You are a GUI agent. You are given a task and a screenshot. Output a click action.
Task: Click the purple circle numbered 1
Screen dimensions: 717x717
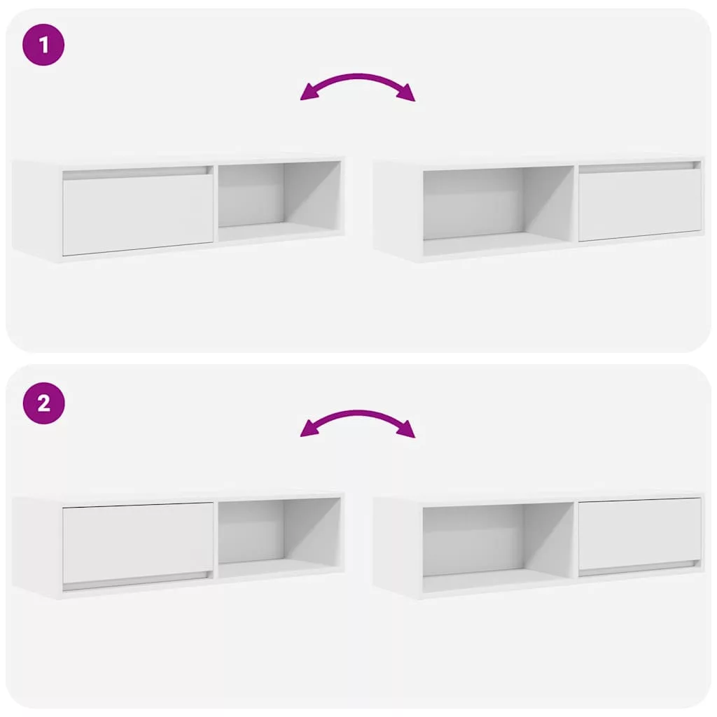[43, 45]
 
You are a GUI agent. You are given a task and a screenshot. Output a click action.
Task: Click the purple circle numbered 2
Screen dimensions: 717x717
[43, 403]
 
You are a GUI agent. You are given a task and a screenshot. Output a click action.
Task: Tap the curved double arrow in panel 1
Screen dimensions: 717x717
[358, 78]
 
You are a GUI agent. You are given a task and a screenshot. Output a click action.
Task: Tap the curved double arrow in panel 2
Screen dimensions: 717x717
[358, 414]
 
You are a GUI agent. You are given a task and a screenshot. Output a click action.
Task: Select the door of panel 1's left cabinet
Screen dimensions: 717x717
[138, 215]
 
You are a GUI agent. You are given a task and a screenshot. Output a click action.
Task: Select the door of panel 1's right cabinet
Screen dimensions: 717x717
[640, 205]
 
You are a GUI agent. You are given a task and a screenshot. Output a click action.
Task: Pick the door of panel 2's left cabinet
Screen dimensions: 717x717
[138, 543]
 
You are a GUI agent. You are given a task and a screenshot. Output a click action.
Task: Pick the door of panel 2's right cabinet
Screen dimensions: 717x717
[640, 533]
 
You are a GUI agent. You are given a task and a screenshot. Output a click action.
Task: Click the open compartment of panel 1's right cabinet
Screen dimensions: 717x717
[499, 210]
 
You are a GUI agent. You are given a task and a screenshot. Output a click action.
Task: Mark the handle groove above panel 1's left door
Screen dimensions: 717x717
[138, 173]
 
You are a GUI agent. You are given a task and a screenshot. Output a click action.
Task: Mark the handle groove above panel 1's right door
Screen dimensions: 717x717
[640, 167]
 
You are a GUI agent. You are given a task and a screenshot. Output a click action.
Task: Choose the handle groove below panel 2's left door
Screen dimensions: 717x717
[138, 580]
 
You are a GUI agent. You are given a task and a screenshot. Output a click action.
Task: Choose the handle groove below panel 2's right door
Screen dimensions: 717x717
[640, 567]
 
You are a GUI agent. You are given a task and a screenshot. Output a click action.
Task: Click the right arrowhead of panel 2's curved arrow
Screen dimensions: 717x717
[406, 429]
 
